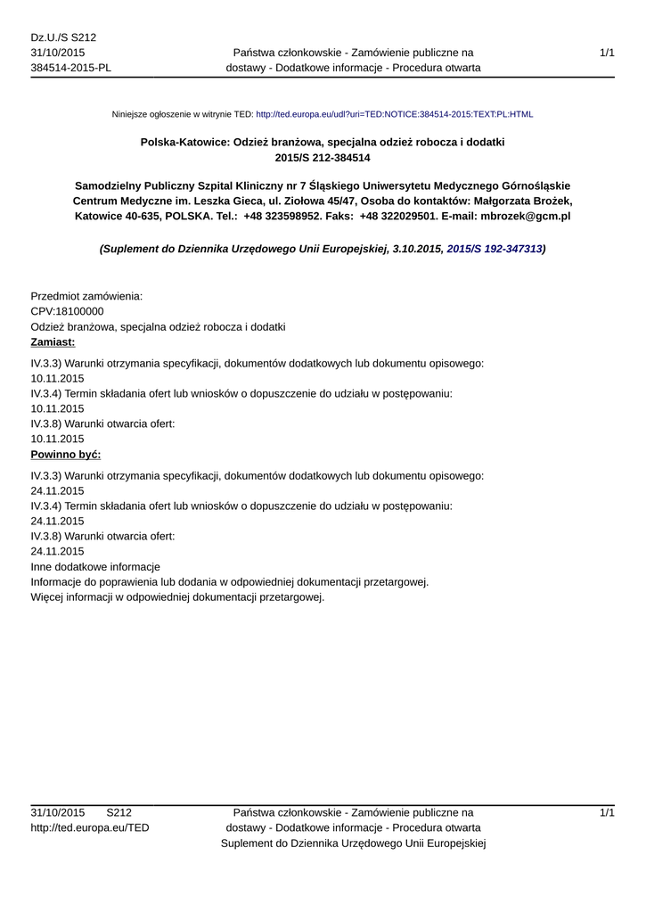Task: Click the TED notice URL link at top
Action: [394, 115]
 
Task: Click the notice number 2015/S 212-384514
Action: [323, 158]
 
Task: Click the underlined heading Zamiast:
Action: [53, 342]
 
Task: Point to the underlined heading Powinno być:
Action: [65, 455]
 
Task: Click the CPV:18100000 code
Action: [67, 311]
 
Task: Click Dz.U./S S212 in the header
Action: [63, 37]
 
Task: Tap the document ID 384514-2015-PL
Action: [70, 68]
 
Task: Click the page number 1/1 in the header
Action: [607, 53]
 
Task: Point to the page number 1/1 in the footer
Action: [607, 812]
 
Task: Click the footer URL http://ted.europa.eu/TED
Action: [90, 827]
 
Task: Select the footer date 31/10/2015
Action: [58, 812]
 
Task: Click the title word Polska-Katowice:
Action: [184, 142]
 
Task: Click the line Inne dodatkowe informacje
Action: [95, 567]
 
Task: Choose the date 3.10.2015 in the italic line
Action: [417, 250]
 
